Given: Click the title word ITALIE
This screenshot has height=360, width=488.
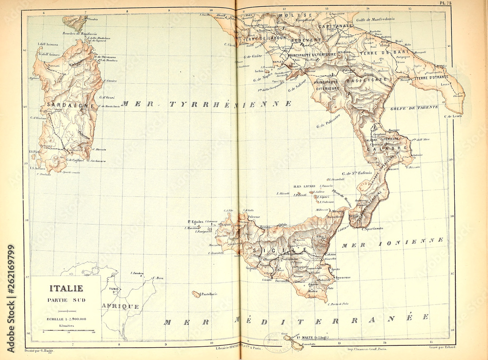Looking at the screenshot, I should click(x=66, y=288).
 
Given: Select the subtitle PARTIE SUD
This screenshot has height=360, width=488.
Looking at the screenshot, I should click(x=66, y=300).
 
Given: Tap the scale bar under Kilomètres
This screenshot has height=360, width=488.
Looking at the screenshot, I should click(x=66, y=331).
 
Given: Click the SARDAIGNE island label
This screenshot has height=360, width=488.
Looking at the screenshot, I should click(x=63, y=105).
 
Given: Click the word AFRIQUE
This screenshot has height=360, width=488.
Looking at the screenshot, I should click(x=120, y=306).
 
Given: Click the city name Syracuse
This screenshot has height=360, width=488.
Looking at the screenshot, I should click(x=343, y=278).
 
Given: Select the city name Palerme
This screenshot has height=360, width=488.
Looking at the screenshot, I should click(x=253, y=217).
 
